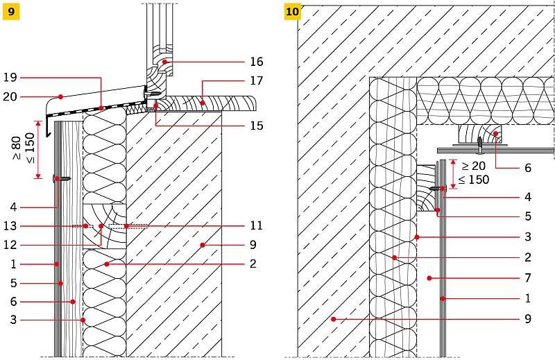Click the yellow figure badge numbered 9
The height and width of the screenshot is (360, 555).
coord(11,12)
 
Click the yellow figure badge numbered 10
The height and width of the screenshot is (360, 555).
coord(292,12)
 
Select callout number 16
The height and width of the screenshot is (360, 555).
coord(257,62)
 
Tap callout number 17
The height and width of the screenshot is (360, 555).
coord(257,80)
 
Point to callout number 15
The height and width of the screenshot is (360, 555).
coord(257,126)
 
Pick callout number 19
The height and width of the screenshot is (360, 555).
coord(10,77)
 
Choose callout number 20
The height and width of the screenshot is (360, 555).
coord(10,96)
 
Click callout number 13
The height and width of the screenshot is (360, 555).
coord(10,226)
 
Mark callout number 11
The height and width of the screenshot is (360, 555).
coord(256,225)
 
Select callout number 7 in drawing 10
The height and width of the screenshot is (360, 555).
coord(528,278)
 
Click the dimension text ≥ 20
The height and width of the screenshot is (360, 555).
coord(473,166)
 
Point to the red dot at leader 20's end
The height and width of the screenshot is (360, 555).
coord(60,96)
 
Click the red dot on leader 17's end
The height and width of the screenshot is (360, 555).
coord(203,103)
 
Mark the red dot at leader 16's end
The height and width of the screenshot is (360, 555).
coord(164,62)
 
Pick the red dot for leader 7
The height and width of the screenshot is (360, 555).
coord(429,278)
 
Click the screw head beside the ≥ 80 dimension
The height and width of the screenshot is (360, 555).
coord(56,179)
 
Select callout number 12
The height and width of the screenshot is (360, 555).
coord(10,245)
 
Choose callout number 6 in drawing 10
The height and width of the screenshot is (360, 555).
coord(528,168)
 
